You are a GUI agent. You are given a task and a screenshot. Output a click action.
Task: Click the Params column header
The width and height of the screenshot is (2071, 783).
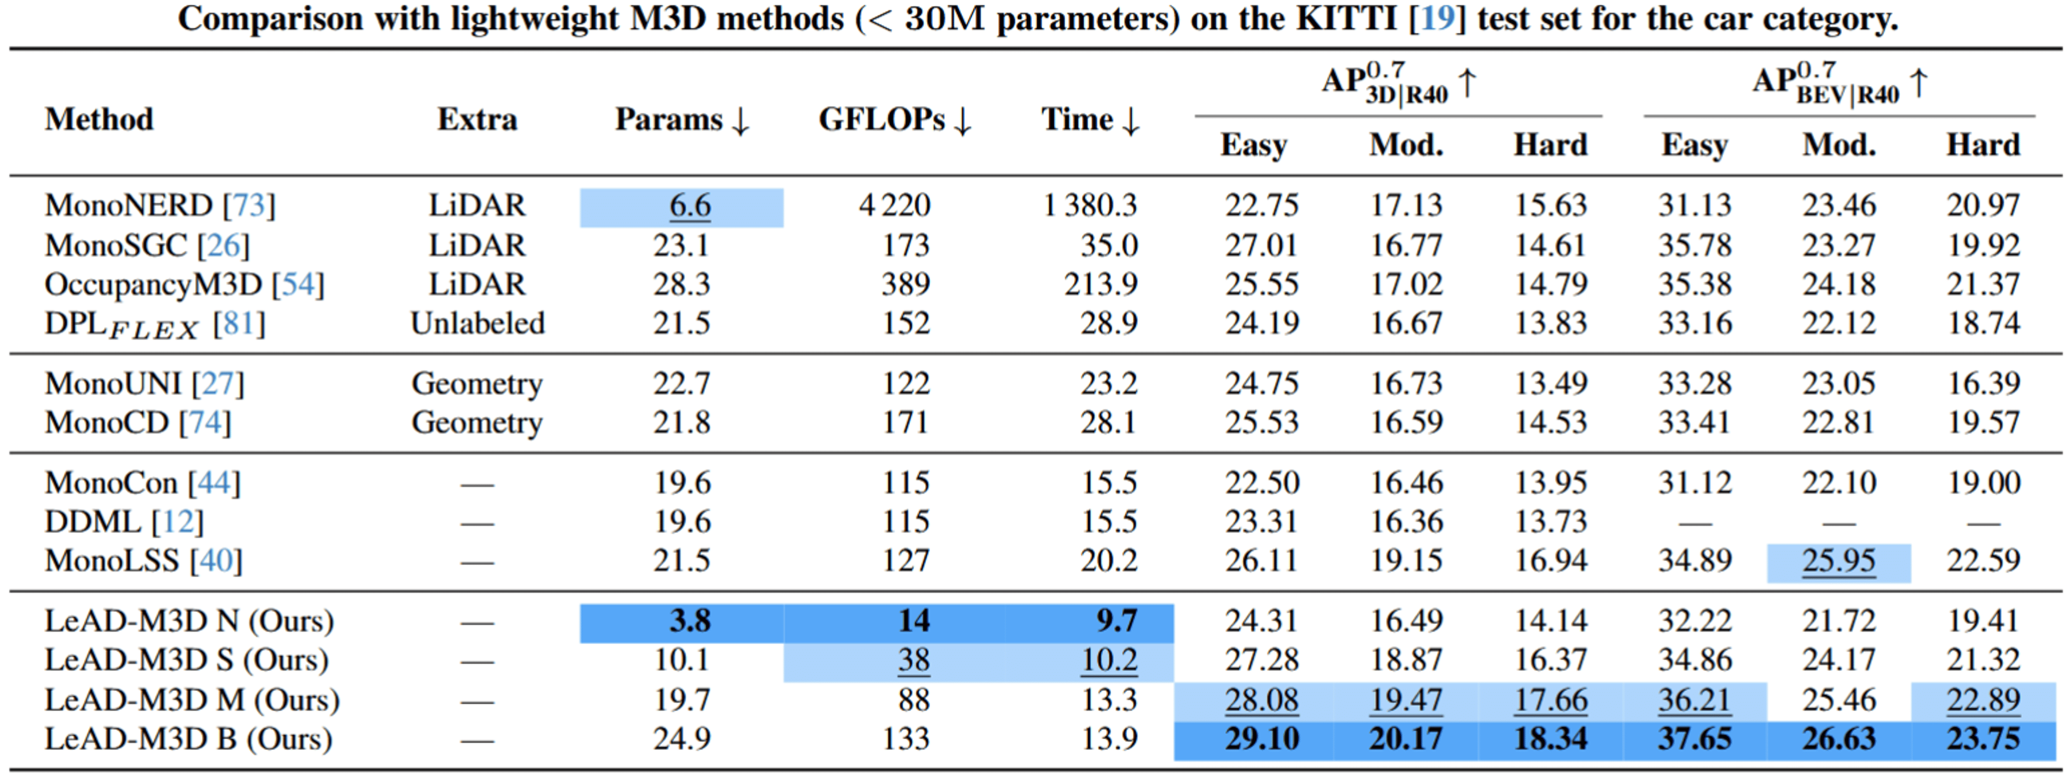(x=682, y=120)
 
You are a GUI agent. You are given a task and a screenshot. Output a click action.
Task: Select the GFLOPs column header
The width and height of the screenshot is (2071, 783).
(x=894, y=120)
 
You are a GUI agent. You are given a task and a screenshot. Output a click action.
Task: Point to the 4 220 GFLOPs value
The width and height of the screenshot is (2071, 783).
(x=894, y=206)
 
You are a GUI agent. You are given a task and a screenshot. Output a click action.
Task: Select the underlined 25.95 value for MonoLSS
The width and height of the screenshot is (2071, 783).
(x=1838, y=561)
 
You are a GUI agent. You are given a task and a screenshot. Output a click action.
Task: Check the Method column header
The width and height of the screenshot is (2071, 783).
(x=99, y=120)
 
